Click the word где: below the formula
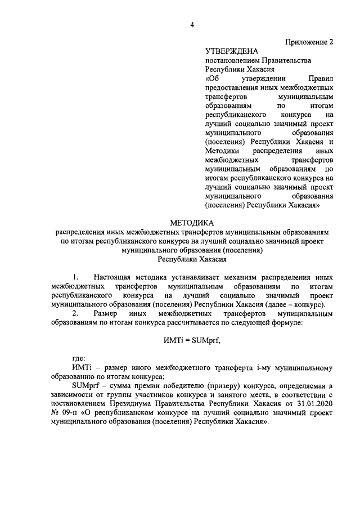(x=78, y=358)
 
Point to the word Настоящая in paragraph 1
(x=115, y=277)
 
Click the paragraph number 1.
(x=75, y=277)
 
